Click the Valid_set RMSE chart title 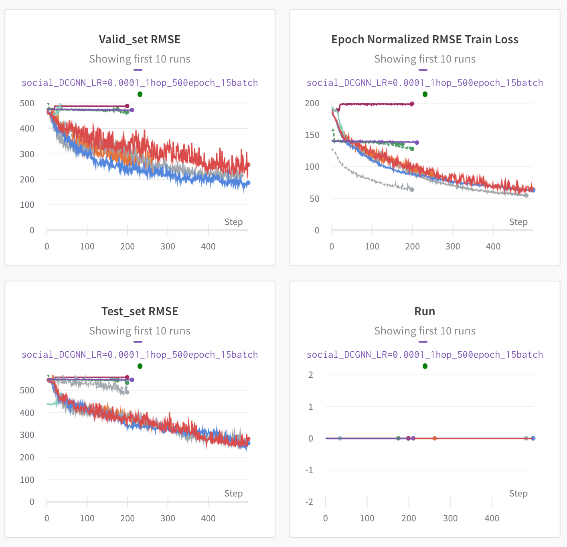[x=140, y=39]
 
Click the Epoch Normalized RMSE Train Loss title [x=425, y=39]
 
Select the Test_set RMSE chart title [x=140, y=311]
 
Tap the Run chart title [x=425, y=311]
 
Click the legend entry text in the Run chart [x=425, y=355]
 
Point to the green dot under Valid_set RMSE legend [x=140, y=94]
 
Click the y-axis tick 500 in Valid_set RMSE [x=27, y=103]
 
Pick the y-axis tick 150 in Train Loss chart [x=312, y=135]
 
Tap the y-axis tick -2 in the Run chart [x=309, y=502]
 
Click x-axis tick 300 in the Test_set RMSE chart [x=168, y=518]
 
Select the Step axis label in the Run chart [x=518, y=493]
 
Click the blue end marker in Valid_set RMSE [x=248, y=183]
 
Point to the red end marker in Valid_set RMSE [x=248, y=164]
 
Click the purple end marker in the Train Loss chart [x=417, y=142]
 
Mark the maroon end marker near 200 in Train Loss [x=412, y=104]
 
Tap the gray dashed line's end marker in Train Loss [x=412, y=189]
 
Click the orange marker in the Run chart [x=434, y=438]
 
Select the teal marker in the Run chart [x=340, y=438]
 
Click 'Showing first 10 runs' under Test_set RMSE [x=140, y=331]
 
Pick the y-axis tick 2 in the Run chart [x=310, y=375]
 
